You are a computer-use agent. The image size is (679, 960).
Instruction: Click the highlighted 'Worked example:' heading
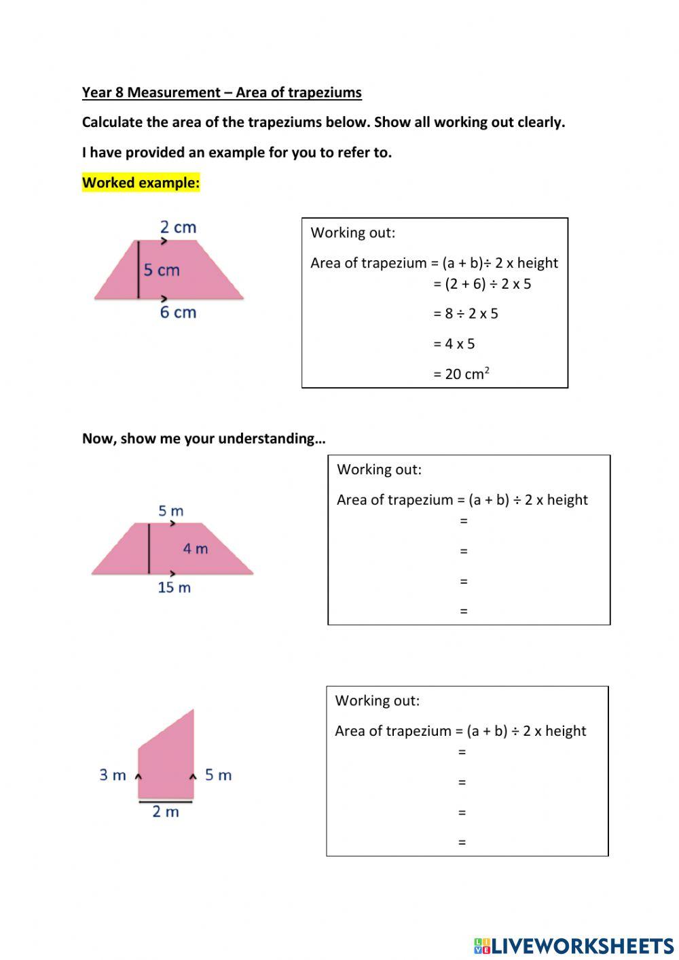tap(141, 182)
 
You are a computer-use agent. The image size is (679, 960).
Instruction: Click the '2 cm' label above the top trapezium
tap(178, 227)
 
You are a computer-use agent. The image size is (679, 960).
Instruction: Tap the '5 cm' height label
tap(162, 270)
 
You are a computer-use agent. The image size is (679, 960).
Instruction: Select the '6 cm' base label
tap(178, 313)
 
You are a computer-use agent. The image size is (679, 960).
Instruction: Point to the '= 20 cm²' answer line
tap(461, 374)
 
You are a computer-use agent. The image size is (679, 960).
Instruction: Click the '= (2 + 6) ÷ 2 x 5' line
tap(482, 284)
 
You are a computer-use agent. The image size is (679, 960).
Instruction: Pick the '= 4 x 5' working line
tap(454, 344)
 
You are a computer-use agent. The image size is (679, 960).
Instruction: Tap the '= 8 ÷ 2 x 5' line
tap(465, 314)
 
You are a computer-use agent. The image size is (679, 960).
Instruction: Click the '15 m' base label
tap(174, 588)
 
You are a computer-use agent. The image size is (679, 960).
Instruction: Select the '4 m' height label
tap(195, 548)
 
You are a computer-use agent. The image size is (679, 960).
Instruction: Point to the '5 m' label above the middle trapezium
tap(170, 510)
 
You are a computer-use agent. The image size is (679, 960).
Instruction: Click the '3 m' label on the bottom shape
tap(113, 775)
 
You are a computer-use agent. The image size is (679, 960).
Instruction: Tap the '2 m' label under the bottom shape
tap(166, 812)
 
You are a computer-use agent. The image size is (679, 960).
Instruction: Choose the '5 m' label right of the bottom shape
tap(218, 775)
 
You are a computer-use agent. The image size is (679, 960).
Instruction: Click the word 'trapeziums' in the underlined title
tap(325, 92)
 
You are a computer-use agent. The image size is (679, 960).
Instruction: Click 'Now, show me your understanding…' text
tap(204, 438)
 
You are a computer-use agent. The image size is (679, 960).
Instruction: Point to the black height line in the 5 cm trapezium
tap(139, 270)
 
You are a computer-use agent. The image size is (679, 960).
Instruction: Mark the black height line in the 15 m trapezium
tap(149, 548)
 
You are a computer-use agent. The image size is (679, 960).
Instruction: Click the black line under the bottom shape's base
tap(166, 802)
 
